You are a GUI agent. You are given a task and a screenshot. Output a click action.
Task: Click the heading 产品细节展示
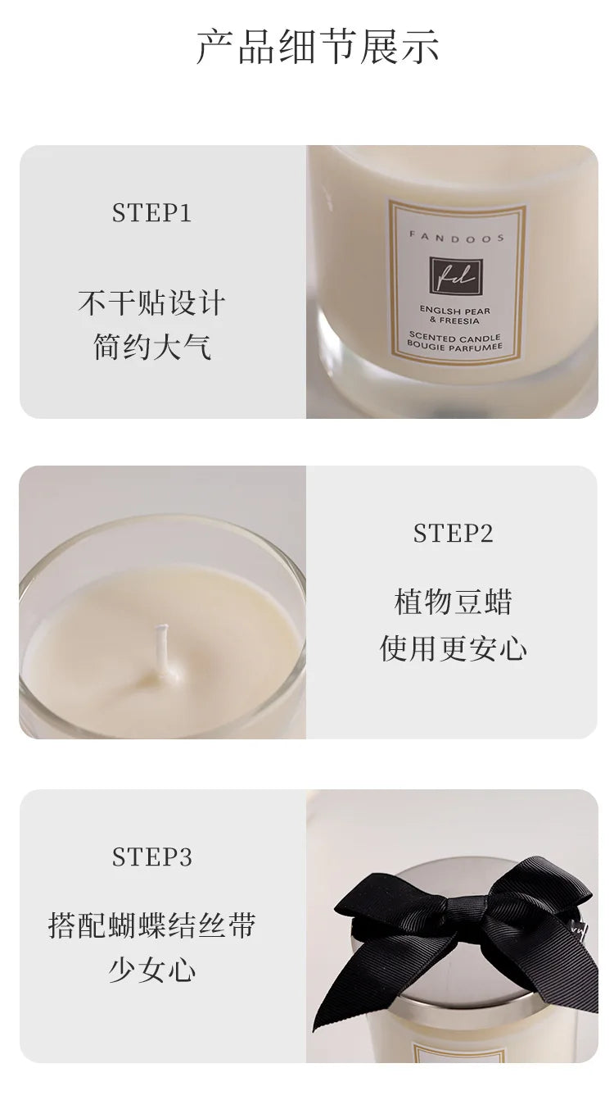coord(318,47)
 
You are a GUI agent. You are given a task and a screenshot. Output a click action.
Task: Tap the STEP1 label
coord(151,213)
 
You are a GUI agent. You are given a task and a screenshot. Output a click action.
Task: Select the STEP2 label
coord(453,534)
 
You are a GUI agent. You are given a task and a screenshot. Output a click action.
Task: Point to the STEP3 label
coord(151,857)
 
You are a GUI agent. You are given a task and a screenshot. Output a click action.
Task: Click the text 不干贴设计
coord(151,302)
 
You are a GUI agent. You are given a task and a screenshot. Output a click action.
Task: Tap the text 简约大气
coord(152,347)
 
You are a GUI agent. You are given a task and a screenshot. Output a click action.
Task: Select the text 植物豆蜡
coord(453,602)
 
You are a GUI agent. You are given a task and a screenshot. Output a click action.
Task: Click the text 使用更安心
coord(453,648)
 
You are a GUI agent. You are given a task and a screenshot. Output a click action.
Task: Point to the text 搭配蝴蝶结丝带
coord(151,925)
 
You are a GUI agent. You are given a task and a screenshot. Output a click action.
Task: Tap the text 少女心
coord(152,969)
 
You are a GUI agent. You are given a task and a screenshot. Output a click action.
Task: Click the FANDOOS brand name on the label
coord(456,238)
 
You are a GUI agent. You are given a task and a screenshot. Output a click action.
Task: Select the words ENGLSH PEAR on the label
coord(455,311)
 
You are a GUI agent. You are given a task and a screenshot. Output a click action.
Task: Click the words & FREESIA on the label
coord(454,320)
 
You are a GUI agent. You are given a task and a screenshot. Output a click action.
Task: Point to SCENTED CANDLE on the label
coord(454,338)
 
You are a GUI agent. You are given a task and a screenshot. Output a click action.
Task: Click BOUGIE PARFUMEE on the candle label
coord(454,347)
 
